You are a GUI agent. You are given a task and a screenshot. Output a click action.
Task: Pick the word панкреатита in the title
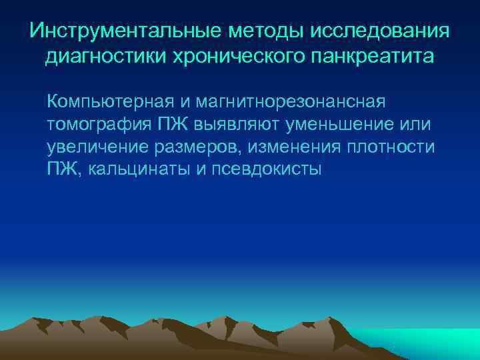[377, 57]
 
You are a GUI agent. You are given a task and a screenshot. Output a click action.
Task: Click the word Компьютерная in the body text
[111, 103]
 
